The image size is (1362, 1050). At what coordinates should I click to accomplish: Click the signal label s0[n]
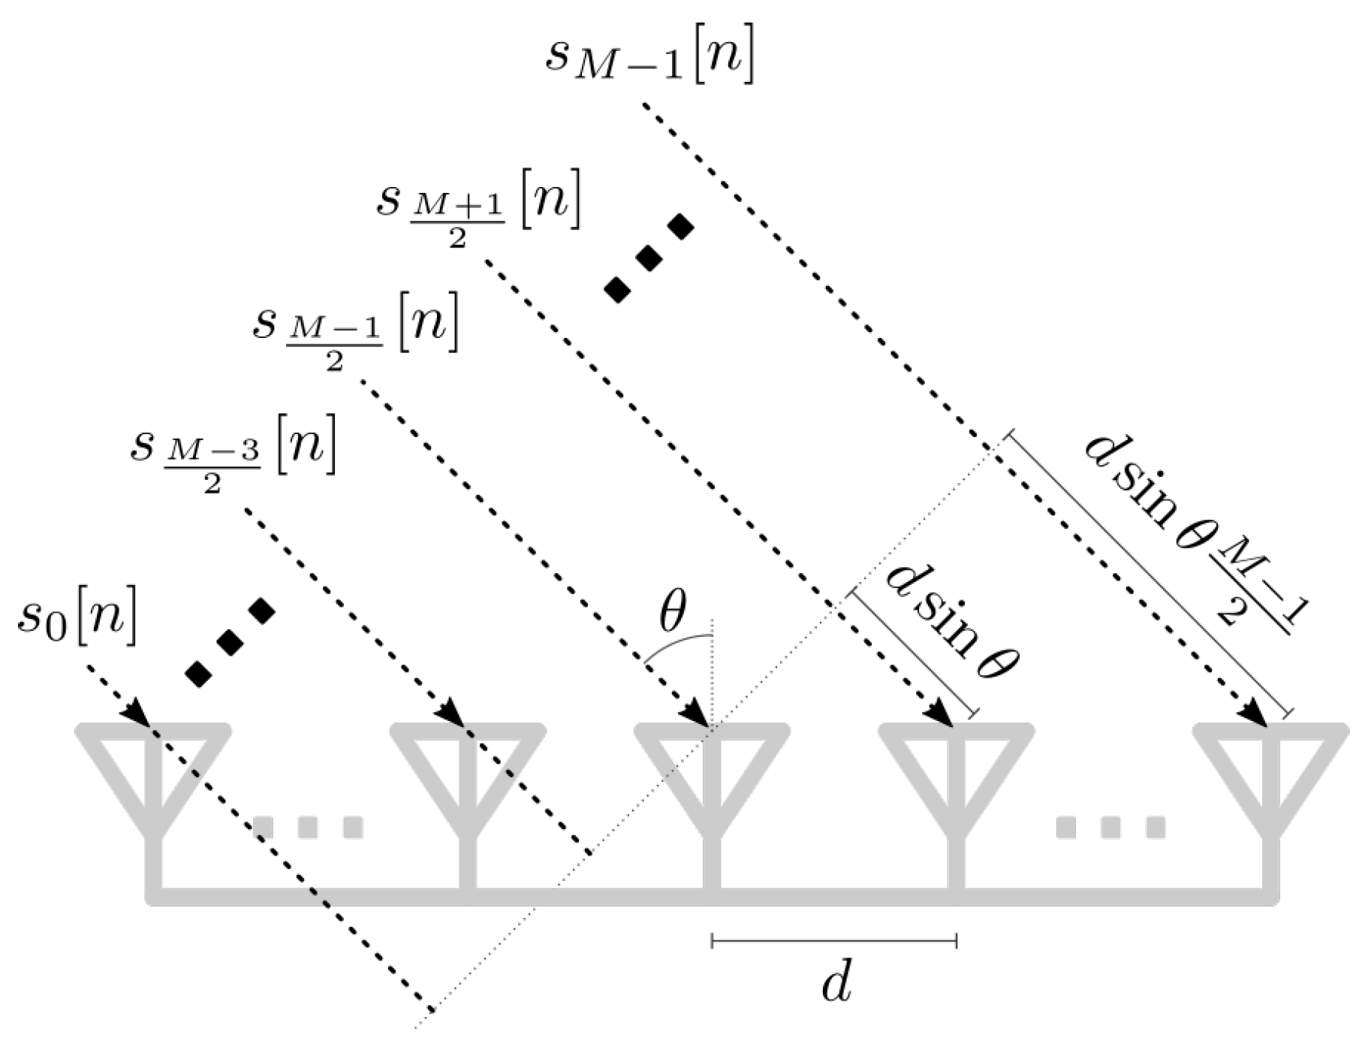click(77, 623)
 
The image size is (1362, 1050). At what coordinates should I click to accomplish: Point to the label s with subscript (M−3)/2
click(233, 455)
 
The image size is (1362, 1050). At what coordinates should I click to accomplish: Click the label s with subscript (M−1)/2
click(355, 330)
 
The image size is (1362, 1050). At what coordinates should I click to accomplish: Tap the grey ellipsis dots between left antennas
click(308, 827)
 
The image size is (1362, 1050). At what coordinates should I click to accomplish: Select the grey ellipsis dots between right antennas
click(1110, 827)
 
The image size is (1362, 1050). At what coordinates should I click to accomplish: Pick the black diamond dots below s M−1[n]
click(649, 258)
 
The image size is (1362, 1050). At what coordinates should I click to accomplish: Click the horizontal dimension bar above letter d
click(834, 940)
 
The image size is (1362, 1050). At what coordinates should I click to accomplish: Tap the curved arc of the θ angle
click(676, 642)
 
